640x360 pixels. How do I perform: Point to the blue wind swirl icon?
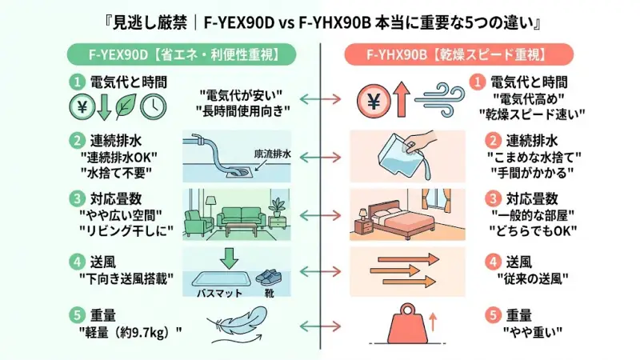point(436,102)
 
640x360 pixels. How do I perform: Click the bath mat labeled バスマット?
point(222,278)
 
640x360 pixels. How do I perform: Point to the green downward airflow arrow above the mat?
point(230,258)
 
